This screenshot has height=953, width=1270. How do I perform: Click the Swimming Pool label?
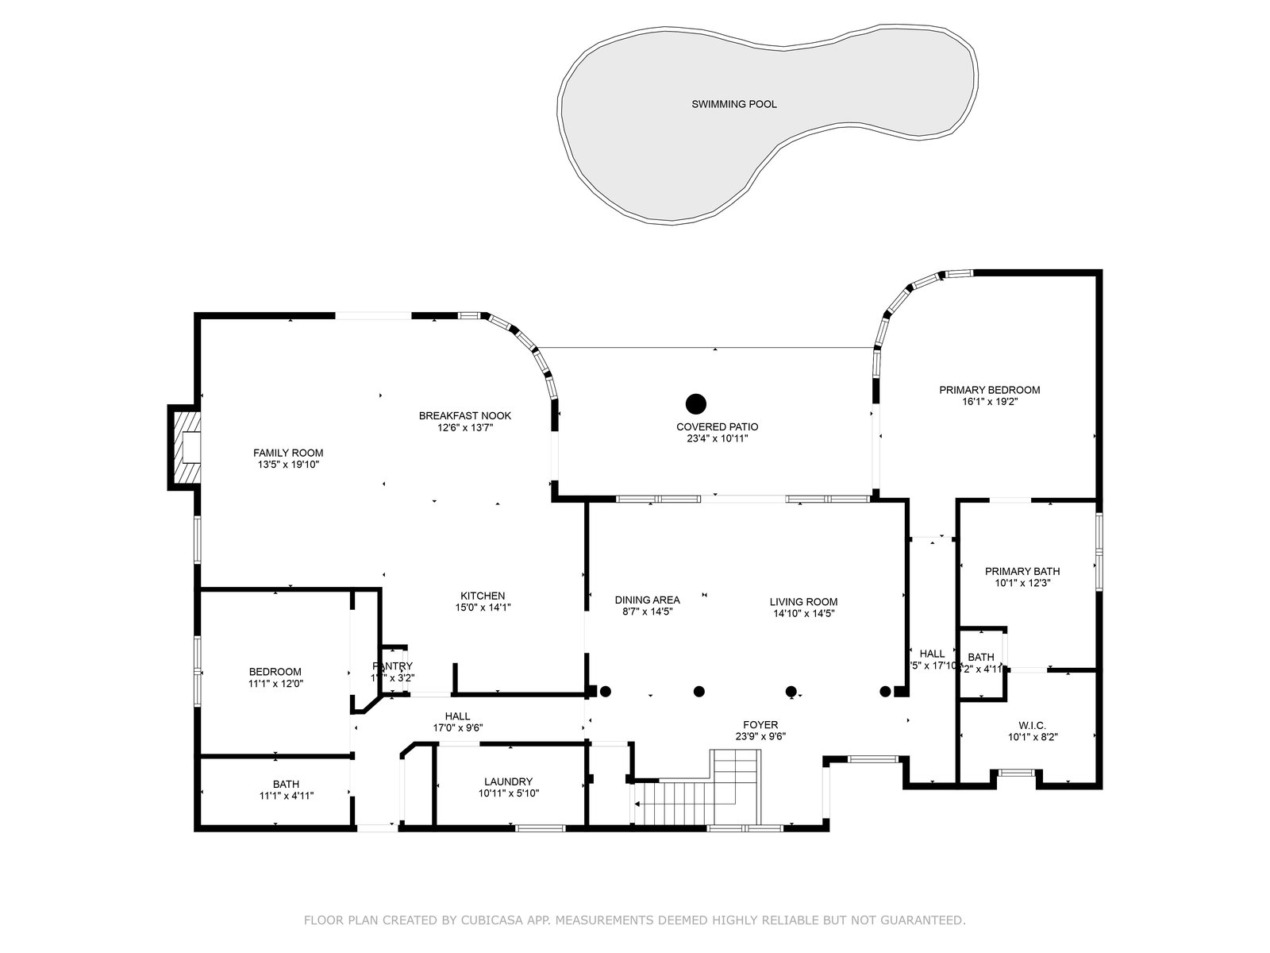coord(733,104)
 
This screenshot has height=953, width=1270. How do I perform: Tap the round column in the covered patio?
coord(696,403)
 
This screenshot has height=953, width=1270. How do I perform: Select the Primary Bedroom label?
coord(989,390)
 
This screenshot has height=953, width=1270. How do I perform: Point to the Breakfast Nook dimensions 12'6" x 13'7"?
coord(465,427)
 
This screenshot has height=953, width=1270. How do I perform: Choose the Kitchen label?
coord(483,596)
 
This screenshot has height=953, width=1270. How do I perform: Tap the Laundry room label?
coord(508,781)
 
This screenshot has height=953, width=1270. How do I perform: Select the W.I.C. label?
coord(1032,725)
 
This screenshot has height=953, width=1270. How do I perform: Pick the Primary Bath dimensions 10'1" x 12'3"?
coord(1022,583)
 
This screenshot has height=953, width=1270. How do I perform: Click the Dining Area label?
coord(647,600)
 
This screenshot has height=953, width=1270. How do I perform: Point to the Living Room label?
coord(803,602)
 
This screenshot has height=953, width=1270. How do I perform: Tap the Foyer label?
coord(760,724)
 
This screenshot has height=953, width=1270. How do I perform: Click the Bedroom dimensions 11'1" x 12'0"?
coord(275,683)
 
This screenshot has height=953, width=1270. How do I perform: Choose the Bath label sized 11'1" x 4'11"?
coord(286,784)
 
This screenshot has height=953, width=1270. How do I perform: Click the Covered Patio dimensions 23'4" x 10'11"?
coord(712,438)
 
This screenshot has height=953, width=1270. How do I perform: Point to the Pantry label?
coord(392,666)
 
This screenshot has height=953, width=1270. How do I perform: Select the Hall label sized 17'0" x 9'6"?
coord(457,716)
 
